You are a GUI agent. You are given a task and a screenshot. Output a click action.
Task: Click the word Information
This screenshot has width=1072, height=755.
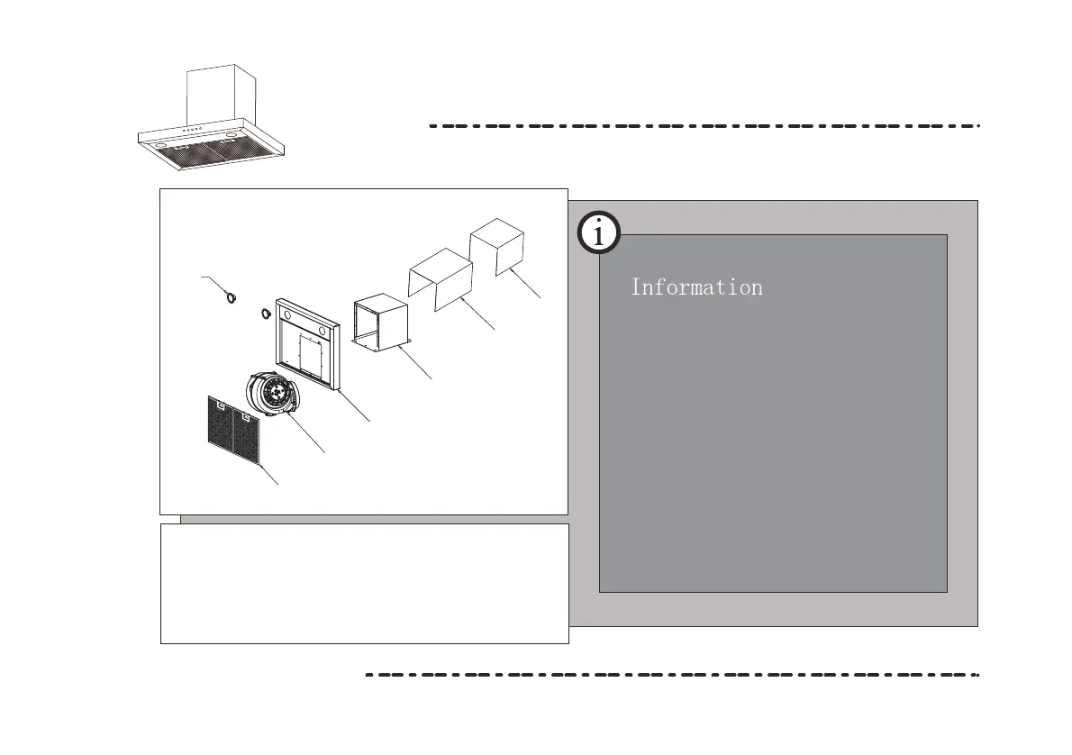coord(696,287)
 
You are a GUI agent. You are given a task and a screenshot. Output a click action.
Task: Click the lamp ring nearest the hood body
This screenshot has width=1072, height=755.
coord(266,314)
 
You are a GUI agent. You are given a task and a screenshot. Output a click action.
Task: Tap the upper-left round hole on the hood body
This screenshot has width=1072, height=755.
coord(286,316)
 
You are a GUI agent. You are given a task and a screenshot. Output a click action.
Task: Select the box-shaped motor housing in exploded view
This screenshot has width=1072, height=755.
coord(382,322)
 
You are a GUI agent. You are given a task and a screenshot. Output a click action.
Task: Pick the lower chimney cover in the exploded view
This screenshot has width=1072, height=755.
coord(441,277)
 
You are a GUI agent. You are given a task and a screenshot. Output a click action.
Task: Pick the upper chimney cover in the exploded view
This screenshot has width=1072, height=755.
coord(497,243)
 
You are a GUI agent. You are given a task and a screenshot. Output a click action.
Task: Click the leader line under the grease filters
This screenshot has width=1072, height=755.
coord(269,476)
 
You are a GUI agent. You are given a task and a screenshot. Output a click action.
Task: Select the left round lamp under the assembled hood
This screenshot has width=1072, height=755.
coord(158,142)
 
